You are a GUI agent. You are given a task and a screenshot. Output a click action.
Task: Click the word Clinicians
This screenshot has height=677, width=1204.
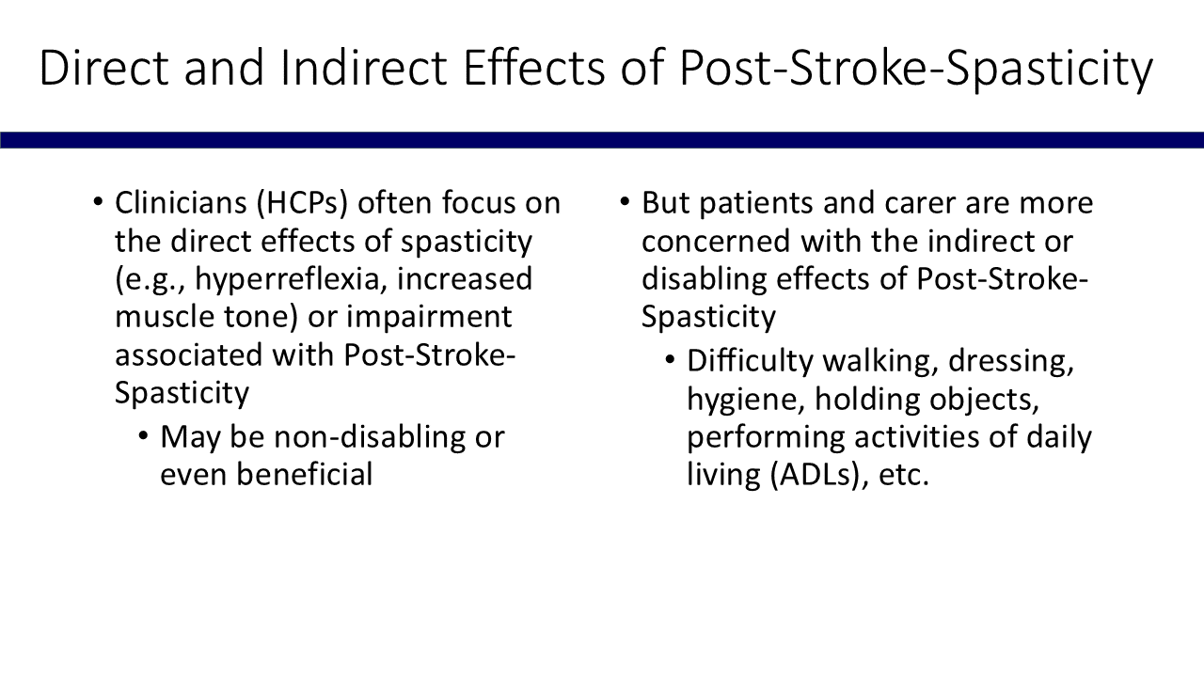tap(181, 203)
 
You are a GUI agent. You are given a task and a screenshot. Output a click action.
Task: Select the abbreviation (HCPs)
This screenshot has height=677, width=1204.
tap(303, 204)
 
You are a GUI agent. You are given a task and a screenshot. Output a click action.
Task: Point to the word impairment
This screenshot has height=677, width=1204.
tap(429, 318)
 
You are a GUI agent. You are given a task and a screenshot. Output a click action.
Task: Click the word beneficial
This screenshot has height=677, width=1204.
tap(305, 475)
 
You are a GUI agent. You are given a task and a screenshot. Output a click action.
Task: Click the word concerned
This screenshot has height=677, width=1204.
tap(716, 242)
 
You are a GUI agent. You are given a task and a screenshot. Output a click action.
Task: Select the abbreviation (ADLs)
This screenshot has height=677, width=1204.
tap(819, 476)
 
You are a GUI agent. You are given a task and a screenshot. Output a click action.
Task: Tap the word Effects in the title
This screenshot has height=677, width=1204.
tap(533, 68)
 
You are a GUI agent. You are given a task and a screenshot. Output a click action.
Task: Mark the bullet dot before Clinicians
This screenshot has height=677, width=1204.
tap(97, 202)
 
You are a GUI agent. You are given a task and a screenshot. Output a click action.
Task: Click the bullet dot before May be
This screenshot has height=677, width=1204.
tap(143, 435)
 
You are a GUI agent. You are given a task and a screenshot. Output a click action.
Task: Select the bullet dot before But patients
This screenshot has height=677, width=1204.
tap(624, 202)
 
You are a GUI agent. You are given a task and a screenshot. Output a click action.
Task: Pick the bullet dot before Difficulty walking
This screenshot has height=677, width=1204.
tap(670, 359)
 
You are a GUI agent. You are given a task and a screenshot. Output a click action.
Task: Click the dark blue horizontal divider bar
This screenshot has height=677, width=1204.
tap(602, 140)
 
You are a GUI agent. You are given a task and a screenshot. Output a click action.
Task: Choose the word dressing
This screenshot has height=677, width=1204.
tap(1011, 362)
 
